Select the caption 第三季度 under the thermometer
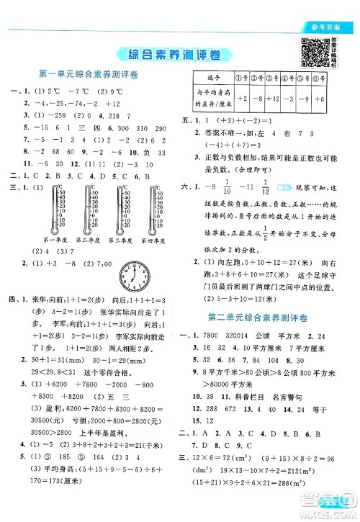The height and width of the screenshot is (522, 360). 121,240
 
